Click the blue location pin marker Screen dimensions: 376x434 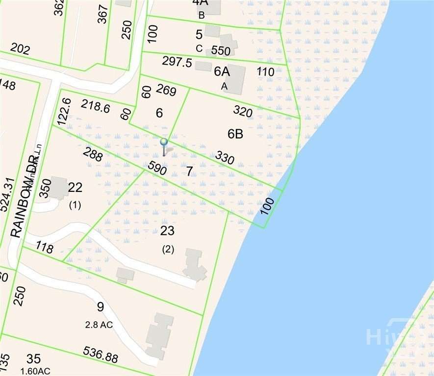coord(164,142)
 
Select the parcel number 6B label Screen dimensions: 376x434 coord(235,134)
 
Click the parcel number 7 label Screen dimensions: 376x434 coord(189,171)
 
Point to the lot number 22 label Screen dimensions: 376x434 coord(75,188)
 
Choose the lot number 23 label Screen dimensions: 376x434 coord(167,231)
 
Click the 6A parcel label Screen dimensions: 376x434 coord(222,71)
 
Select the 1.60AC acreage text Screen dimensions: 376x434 coord(35,371)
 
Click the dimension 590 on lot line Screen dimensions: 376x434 coord(157,168)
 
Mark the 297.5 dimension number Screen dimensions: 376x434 coord(177,62)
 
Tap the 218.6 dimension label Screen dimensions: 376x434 coord(95,106)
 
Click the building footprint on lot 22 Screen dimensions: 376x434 coord(58,188)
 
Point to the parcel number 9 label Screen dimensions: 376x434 coord(100,307)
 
